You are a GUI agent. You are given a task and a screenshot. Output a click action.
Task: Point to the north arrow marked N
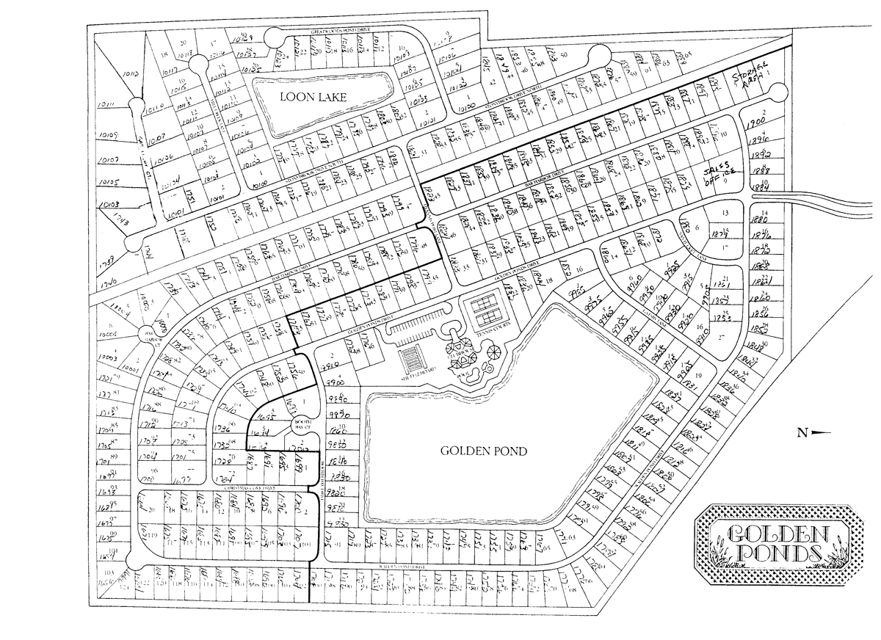[x=814, y=433]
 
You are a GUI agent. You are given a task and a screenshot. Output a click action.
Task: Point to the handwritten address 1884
[x=759, y=184]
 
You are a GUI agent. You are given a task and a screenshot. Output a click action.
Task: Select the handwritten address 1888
[x=760, y=170]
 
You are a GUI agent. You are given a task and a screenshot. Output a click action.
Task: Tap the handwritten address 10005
[x=107, y=333]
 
